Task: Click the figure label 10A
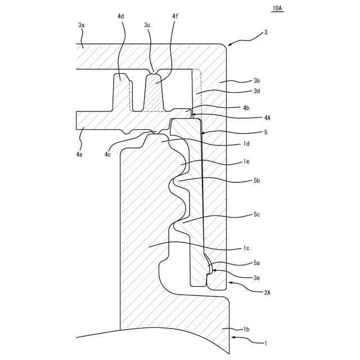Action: click(277, 9)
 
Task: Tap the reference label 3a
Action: click(82, 25)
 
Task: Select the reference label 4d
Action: click(121, 17)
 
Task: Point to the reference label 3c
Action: click(147, 25)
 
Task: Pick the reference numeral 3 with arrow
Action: click(265, 33)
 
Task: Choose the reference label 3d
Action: click(256, 91)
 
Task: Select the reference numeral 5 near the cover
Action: click(265, 133)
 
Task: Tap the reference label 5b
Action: click(256, 181)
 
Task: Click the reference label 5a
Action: click(256, 263)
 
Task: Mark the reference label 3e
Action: click(256, 277)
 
